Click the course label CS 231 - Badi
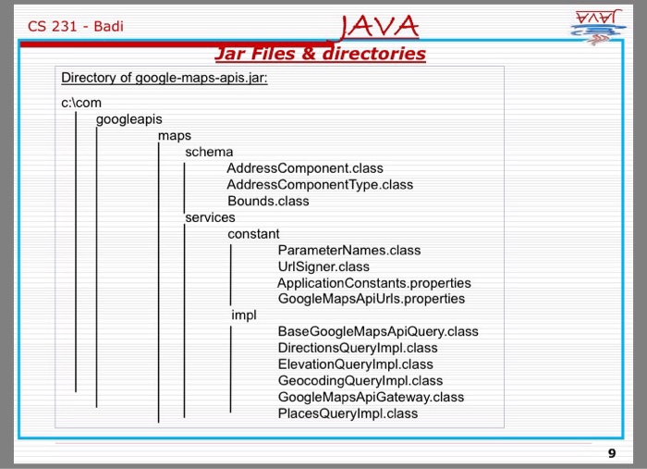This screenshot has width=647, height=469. coord(76,26)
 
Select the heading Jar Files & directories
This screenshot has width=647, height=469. coord(320,54)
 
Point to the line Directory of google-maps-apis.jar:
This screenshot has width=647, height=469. coord(165,79)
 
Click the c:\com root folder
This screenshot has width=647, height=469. coord(81,103)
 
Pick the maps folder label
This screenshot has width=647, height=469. coord(175,136)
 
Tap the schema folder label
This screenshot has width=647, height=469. coord(209,152)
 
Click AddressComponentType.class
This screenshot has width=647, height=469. coord(320,185)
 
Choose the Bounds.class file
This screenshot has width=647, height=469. coord(268,201)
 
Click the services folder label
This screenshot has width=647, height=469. coord(211,217)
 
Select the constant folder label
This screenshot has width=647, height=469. coord(253,234)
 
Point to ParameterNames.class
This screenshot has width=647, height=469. coord(348,250)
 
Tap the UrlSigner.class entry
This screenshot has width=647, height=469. coord(323,266)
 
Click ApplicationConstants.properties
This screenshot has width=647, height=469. coord(373,283)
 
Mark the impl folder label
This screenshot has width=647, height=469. coord(244,315)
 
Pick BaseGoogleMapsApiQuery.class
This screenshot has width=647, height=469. coord(378,331)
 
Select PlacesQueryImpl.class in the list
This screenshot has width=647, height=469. coord(348,413)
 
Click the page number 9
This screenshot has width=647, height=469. coord(611,452)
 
